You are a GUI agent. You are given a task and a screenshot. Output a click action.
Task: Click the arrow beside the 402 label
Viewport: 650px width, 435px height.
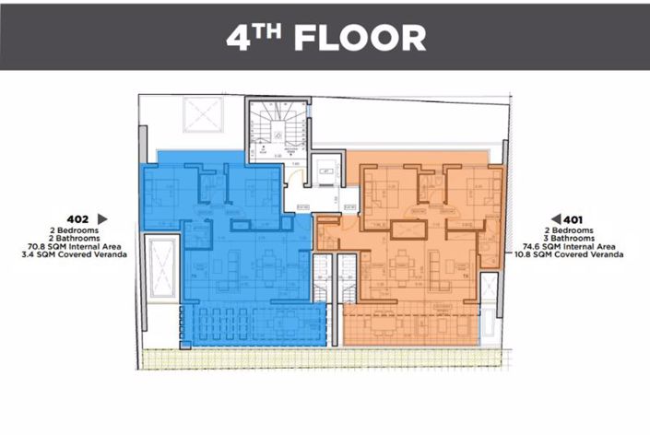pos(102,218)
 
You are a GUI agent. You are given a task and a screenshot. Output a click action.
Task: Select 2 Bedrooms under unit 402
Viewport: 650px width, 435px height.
pos(78,229)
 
